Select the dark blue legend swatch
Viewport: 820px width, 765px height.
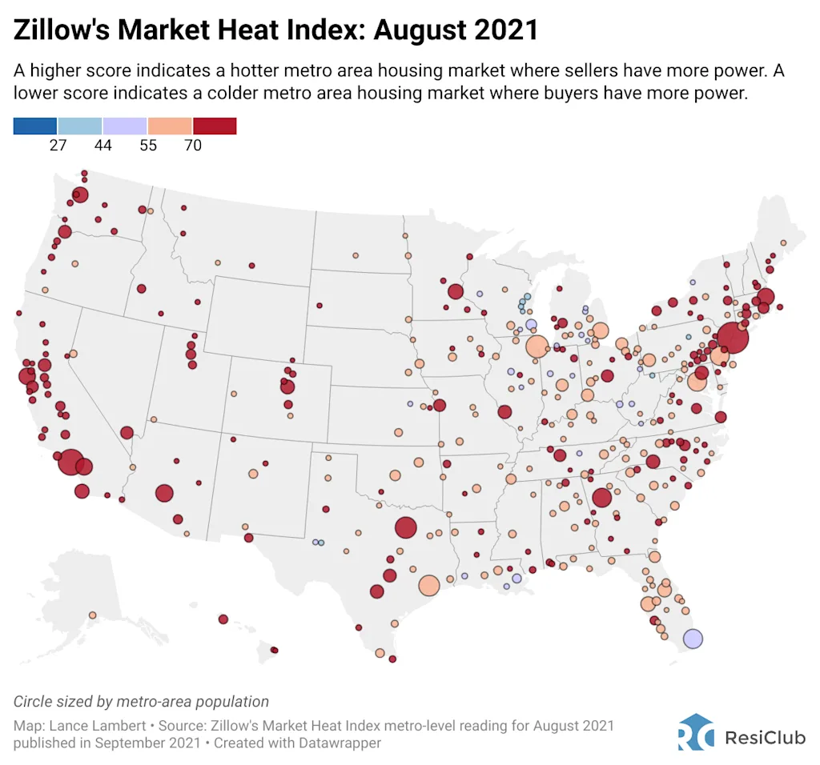(35, 126)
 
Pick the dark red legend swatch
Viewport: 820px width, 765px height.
(215, 126)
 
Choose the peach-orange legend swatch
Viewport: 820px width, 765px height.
(170, 126)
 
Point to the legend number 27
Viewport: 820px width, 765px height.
(58, 145)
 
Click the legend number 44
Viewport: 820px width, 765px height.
(102, 145)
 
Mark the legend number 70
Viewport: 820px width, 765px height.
(192, 145)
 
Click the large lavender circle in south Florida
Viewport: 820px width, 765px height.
(693, 639)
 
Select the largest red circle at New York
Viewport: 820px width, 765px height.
(733, 338)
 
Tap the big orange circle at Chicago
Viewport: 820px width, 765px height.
(537, 346)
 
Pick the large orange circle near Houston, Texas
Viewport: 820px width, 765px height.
(429, 585)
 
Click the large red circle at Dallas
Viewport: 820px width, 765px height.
(405, 527)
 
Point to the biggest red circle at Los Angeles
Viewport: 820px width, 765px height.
(70, 462)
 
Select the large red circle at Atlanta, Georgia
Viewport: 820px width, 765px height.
(601, 498)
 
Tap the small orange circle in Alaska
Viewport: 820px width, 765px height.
(92, 615)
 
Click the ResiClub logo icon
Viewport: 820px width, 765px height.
(695, 731)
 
